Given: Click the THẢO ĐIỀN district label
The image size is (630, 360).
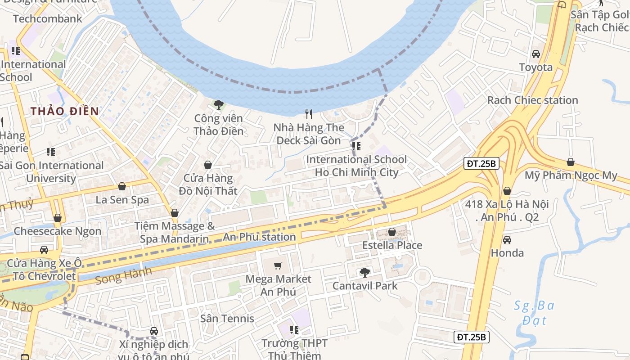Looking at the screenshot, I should click(x=64, y=111).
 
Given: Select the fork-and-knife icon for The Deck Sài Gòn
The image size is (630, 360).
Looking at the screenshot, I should click(x=309, y=114).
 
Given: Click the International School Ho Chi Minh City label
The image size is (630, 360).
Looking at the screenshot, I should click(x=356, y=166).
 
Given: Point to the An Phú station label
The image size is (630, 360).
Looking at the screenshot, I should click(x=260, y=237).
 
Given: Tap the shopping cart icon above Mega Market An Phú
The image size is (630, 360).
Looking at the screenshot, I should click(x=278, y=266).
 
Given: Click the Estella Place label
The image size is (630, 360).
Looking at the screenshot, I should click(x=392, y=245).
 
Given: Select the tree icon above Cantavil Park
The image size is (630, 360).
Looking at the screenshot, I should click(x=364, y=273).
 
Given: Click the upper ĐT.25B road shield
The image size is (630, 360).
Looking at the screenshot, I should click(x=481, y=164).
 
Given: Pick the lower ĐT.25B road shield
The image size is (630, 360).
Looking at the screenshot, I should click(x=471, y=337).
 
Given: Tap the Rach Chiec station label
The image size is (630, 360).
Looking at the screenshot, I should click(x=532, y=100).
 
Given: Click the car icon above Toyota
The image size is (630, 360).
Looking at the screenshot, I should click(x=535, y=54).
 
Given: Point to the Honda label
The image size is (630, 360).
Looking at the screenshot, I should click(x=507, y=253).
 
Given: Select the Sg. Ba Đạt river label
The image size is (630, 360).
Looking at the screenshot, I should click(x=534, y=313).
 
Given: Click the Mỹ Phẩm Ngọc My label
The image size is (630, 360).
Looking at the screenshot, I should click(x=571, y=175).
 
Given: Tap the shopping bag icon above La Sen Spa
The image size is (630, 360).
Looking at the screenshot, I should click(x=122, y=186).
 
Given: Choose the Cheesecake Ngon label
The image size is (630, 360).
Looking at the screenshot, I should click(x=57, y=231).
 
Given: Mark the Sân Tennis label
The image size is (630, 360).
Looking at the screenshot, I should click(x=227, y=319).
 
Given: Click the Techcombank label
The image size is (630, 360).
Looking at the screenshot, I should click(x=48, y=19).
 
